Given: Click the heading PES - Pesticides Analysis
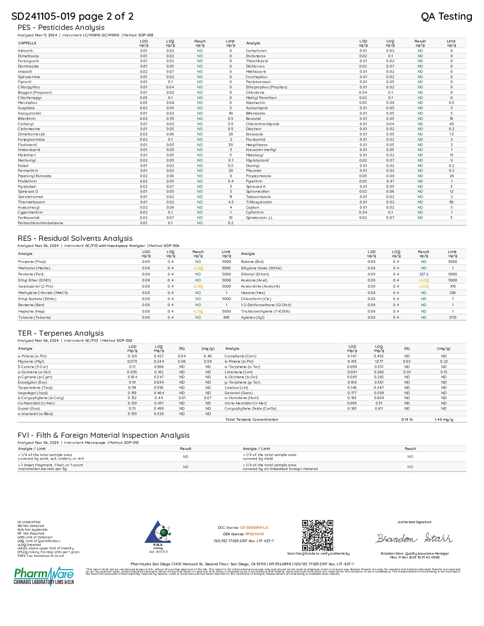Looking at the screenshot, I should (61, 27).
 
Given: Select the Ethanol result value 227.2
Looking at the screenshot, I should (424, 274).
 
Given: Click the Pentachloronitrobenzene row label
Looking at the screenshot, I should (41, 223).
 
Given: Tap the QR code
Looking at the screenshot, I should (318, 535).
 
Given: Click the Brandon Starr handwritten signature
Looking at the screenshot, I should (414, 538).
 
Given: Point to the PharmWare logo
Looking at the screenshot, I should (44, 576).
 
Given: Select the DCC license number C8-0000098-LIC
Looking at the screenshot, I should (254, 528).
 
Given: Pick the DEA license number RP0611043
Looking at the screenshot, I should (254, 534).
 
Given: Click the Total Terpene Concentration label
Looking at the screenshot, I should (252, 420).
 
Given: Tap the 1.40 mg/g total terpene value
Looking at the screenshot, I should (444, 420).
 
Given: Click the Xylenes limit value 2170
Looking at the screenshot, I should (452, 318).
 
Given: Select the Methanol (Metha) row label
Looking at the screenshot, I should (34, 268).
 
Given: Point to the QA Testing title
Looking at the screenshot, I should (446, 16).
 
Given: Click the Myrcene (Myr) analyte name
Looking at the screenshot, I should (31, 362).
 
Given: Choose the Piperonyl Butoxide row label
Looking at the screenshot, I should (35, 176).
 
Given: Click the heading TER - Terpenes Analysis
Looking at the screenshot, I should (61, 333).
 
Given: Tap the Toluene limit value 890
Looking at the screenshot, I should (226, 318).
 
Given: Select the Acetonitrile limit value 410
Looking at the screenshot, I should (452, 286).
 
